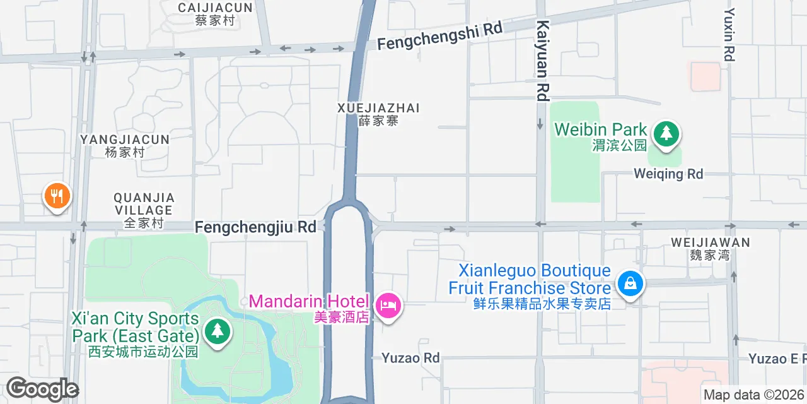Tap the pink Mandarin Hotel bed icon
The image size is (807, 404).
387,306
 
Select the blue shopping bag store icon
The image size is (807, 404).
630,284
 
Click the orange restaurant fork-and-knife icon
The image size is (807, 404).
57,196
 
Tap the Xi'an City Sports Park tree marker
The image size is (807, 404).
217,330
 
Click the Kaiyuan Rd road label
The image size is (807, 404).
542,61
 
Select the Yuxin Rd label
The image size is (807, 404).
729,35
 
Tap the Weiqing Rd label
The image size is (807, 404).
668,174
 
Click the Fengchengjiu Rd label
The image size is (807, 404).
255,227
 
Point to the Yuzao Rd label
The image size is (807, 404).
410,358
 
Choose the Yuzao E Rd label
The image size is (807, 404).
777,359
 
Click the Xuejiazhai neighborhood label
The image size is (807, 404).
378,114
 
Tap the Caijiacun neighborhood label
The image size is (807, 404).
215,13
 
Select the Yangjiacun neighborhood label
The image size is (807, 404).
125,145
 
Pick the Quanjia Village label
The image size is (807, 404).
144,210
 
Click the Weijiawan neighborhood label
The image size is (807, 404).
710,248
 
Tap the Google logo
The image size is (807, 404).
42,389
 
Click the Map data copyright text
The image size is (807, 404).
754,395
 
